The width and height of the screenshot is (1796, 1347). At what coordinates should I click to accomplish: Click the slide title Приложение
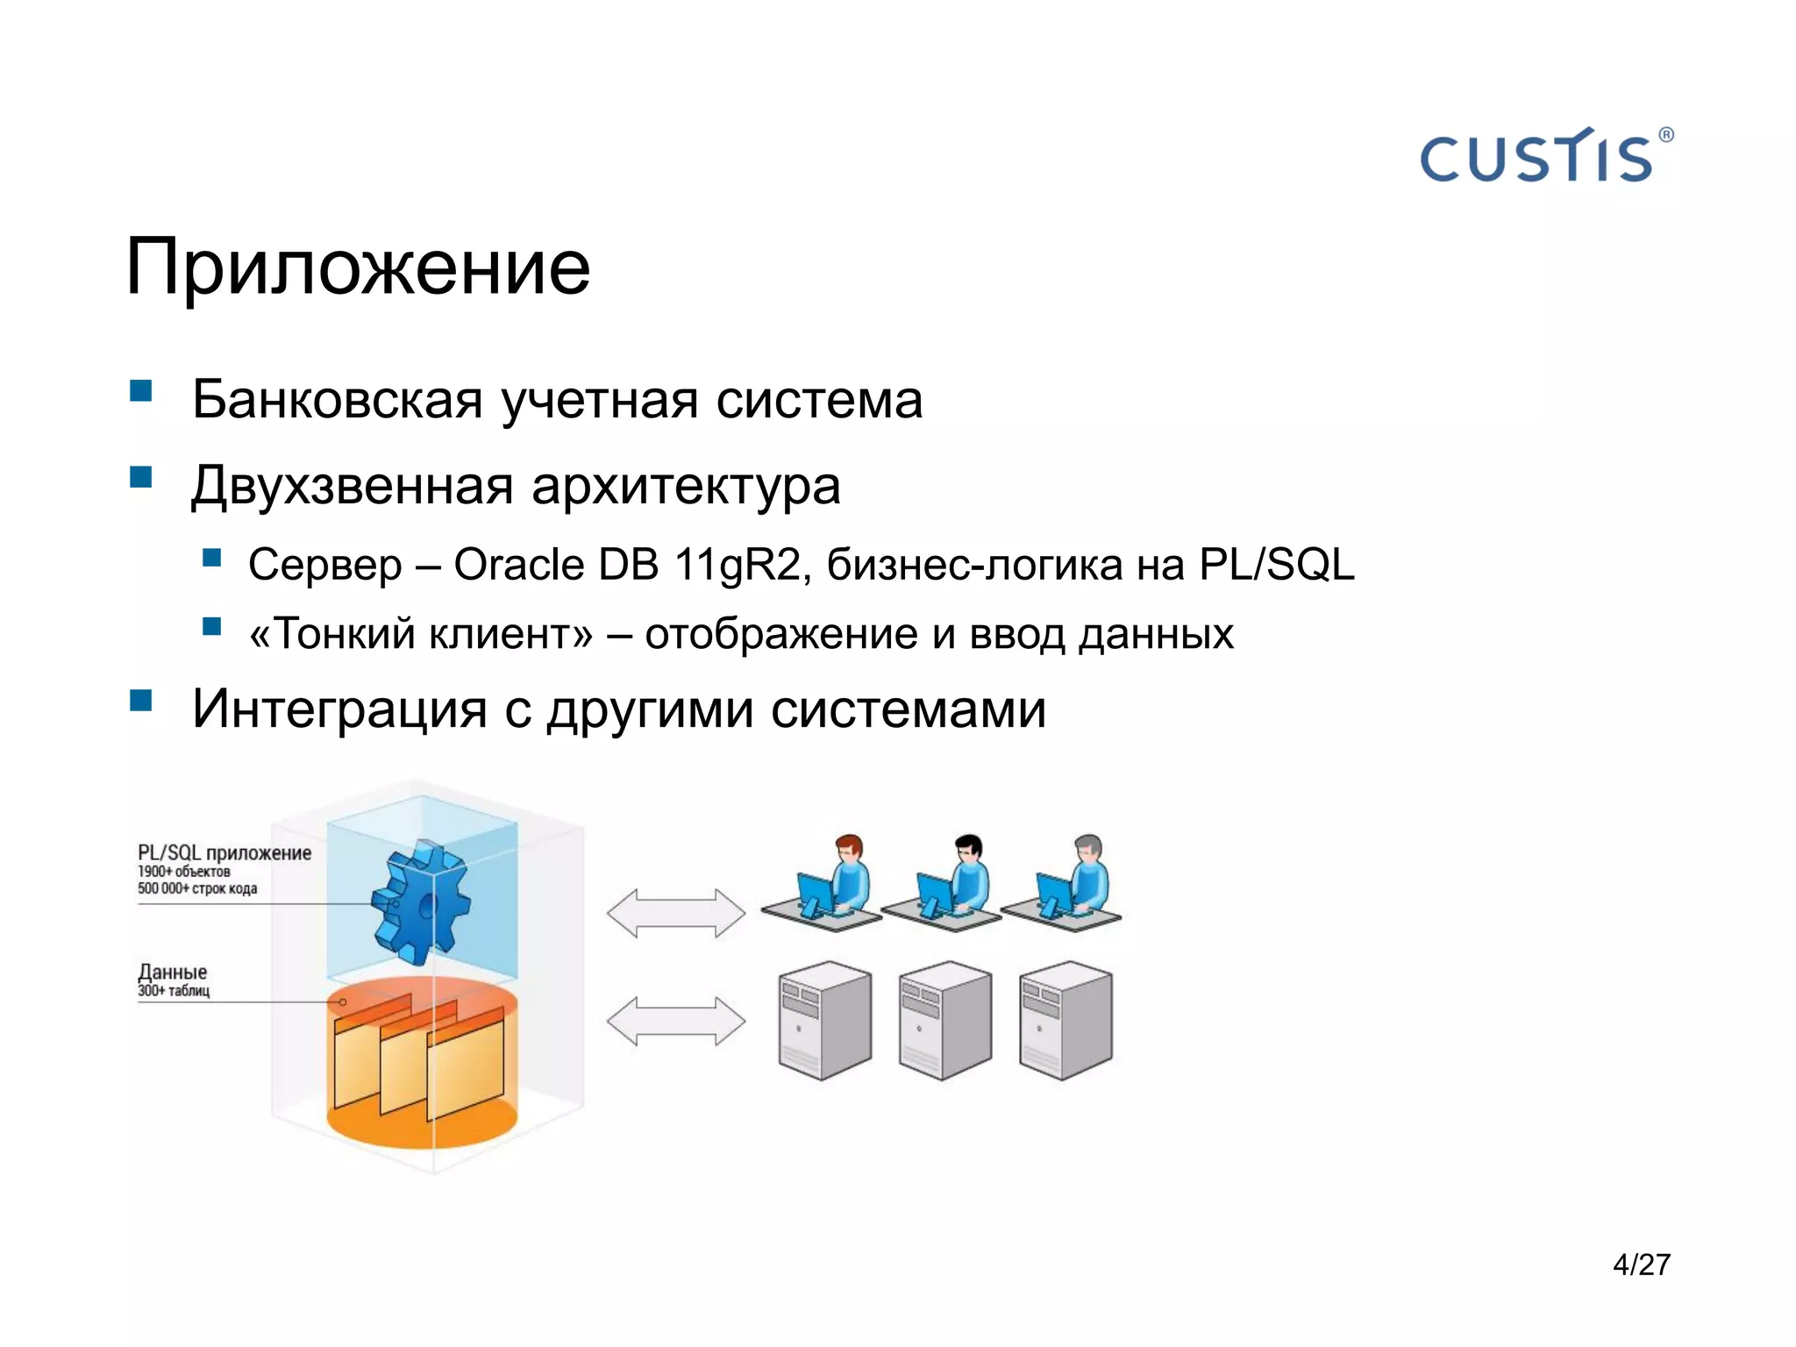(x=358, y=267)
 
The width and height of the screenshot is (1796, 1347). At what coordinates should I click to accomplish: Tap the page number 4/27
(x=1641, y=1264)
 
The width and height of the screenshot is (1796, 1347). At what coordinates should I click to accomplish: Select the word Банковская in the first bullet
(x=337, y=400)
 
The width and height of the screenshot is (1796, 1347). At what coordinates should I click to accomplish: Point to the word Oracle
(x=518, y=564)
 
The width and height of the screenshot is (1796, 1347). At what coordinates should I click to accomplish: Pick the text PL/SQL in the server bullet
(x=1276, y=564)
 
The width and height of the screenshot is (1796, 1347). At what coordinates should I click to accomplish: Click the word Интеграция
(x=339, y=709)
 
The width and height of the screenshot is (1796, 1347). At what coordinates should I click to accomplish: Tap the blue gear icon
(x=419, y=903)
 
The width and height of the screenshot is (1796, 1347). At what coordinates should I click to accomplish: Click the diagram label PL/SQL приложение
(x=224, y=852)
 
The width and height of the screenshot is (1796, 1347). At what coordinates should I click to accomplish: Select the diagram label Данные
(x=173, y=972)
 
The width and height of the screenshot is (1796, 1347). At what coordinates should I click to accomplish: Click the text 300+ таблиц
(x=174, y=991)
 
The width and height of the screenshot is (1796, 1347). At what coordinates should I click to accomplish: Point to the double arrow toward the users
(x=675, y=913)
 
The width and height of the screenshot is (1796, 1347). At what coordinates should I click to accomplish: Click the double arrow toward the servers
(x=675, y=1021)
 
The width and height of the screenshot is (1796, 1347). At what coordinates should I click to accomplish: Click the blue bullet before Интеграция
(x=140, y=700)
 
